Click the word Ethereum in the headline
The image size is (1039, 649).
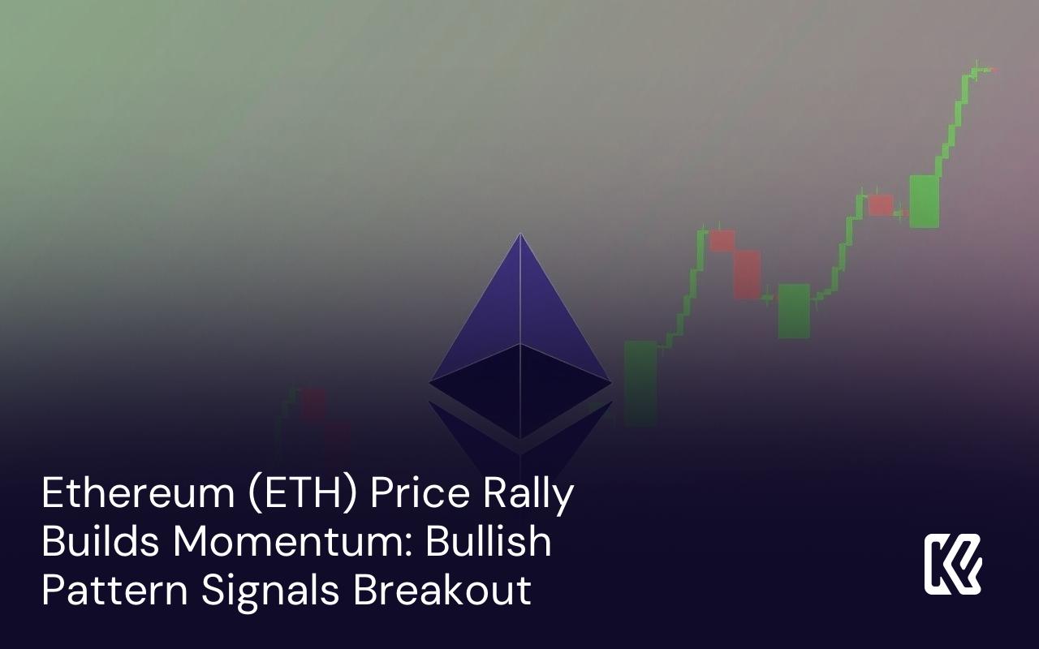pos(139,492)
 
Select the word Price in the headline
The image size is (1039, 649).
pos(420,492)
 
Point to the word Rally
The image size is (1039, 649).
pos(528,496)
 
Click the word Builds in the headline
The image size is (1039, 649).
pos(101,542)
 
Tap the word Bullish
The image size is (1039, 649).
pos(489,541)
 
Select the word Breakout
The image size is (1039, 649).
pos(442,590)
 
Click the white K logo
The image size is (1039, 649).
pos(953,564)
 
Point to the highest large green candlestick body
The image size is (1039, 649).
pos(924,201)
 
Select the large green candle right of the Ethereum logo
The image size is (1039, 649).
pos(640,383)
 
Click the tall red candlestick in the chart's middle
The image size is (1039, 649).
pos(747,275)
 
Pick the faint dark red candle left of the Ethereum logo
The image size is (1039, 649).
pos(313,404)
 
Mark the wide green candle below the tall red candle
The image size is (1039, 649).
pos(794,311)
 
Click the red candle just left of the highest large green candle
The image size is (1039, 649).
pos(881,205)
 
